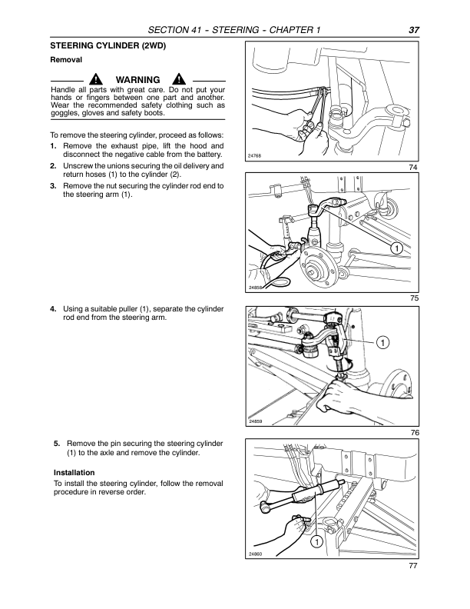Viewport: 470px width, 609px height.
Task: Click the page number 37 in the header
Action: pyautogui.click(x=413, y=30)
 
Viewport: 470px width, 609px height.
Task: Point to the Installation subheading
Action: pyautogui.click(x=74, y=472)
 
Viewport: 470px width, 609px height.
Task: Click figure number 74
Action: pyautogui.click(x=414, y=167)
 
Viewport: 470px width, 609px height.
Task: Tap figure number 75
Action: pyautogui.click(x=414, y=298)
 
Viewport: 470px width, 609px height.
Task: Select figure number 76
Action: pyautogui.click(x=414, y=433)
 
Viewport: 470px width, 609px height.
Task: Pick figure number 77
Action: pyautogui.click(x=414, y=567)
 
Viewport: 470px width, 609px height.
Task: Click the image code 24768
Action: pyautogui.click(x=255, y=155)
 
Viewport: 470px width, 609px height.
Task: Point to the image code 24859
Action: pyautogui.click(x=255, y=421)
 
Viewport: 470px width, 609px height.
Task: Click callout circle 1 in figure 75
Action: pyautogui.click(x=395, y=248)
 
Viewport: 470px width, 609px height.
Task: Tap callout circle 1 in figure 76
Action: pyautogui.click(x=382, y=341)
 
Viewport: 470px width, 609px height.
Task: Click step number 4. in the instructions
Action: pyautogui.click(x=53, y=309)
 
